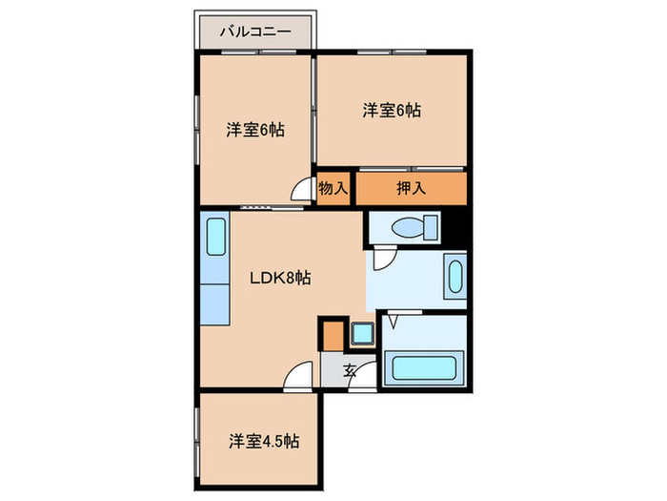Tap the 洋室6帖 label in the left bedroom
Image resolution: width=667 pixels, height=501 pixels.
pyautogui.click(x=253, y=130)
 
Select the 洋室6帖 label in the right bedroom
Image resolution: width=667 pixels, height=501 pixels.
pyautogui.click(x=391, y=111)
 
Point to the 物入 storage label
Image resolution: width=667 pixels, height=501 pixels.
pyautogui.click(x=332, y=188)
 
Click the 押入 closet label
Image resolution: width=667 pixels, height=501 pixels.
pyautogui.click(x=411, y=188)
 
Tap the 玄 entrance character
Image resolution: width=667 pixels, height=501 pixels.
pyautogui.click(x=350, y=372)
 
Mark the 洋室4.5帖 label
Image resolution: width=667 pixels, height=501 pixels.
pyautogui.click(x=263, y=442)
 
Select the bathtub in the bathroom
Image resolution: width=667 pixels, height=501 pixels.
pyautogui.click(x=425, y=367)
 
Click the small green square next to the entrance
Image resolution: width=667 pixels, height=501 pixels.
pyautogui.click(x=362, y=335)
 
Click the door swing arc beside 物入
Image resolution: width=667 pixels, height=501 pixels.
pyautogui.click(x=304, y=191)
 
